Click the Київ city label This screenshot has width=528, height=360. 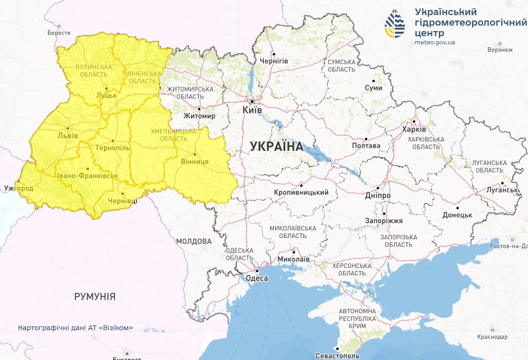[252, 110]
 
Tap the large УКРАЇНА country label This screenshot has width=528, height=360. [276, 147]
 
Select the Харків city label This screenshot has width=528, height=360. [414, 130]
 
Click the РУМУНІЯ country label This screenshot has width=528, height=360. [95, 296]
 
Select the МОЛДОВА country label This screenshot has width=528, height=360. [194, 241]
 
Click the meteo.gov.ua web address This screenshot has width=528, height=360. [434, 43]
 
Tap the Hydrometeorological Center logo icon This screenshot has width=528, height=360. [395, 24]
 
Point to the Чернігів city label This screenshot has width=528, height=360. [273, 61]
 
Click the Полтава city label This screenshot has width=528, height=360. [366, 146]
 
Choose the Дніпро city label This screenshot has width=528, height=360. [378, 195]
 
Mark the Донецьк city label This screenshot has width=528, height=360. [458, 215]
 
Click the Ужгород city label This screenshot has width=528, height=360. [17, 187]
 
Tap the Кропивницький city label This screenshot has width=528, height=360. [301, 192]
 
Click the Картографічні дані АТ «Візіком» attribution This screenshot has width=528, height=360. [75, 328]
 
